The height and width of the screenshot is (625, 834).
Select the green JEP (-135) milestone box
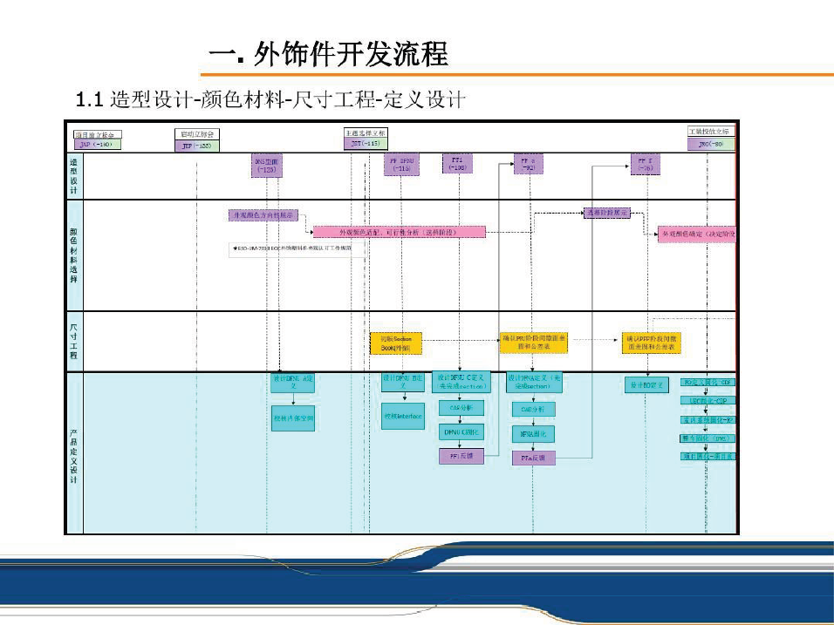pos(196,146)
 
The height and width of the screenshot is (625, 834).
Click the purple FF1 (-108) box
pos(456,164)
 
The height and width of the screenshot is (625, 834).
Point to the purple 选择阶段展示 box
pos(606,212)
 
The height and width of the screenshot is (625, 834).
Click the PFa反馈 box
pos(532,457)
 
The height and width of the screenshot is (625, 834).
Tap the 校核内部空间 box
pos(293,418)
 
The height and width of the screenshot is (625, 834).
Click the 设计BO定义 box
pos(646,384)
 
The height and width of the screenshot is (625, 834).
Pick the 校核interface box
pos(403,416)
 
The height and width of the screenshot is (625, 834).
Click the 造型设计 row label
pos(73,177)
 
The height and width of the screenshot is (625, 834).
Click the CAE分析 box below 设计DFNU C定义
pos(460,407)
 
